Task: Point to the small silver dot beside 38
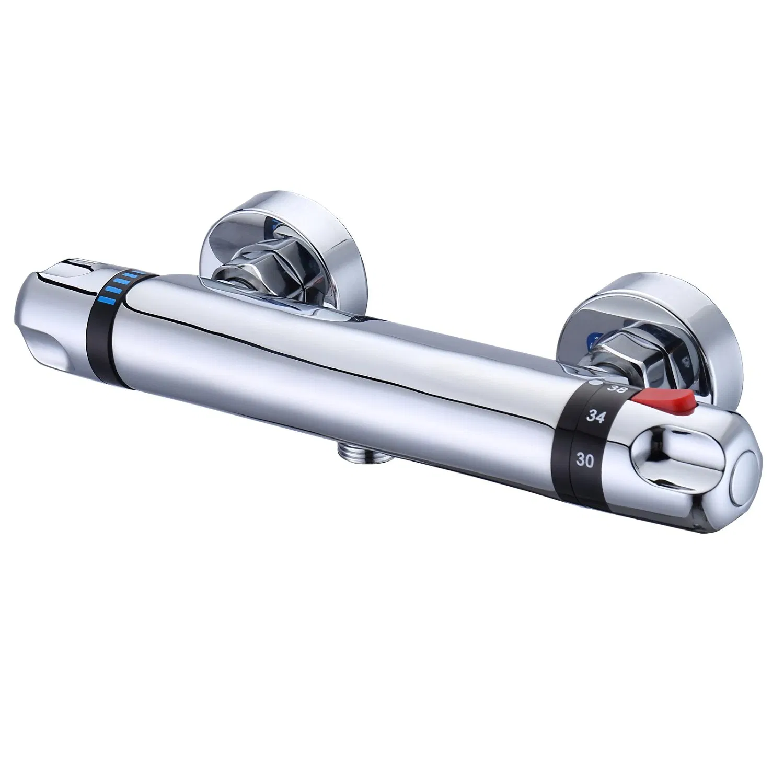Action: click(592, 384)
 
